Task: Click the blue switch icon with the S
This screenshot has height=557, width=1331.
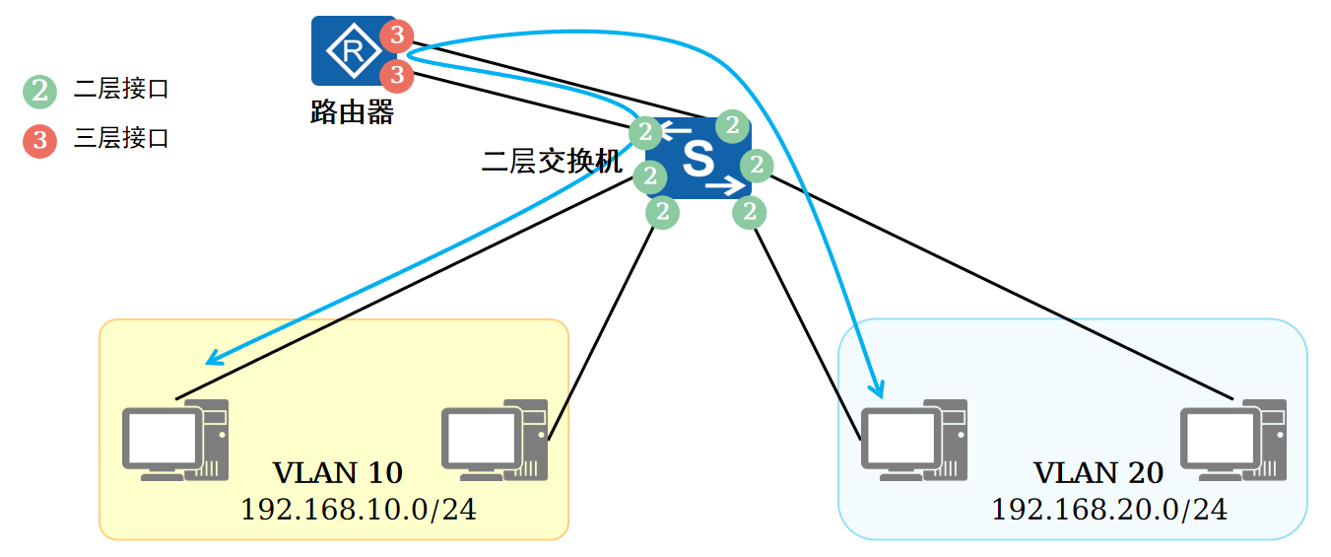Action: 699,159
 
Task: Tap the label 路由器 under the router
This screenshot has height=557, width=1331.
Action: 352,111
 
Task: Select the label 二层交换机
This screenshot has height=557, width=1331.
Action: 552,162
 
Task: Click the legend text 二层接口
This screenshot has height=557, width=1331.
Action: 121,90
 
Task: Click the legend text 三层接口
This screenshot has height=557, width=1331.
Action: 121,139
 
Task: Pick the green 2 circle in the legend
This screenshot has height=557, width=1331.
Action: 40,92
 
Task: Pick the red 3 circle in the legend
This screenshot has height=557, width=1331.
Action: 40,141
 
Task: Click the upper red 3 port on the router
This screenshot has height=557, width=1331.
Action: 396,36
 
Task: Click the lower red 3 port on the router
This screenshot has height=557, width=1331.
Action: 396,74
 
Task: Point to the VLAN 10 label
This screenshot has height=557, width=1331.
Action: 338,473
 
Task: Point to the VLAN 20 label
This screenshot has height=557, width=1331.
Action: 1098,473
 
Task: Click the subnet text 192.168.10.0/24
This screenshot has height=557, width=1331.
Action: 359,510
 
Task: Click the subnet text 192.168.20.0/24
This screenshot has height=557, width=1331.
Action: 1109,510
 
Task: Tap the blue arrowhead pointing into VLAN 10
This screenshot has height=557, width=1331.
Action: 213,358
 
